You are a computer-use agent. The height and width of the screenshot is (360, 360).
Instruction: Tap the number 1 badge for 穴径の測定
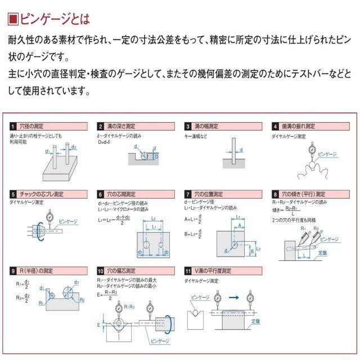click(13, 126)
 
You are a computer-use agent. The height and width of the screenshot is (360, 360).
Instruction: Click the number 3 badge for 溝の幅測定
click(188, 126)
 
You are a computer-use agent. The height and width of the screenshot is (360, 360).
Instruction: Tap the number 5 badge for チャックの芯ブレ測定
click(13, 194)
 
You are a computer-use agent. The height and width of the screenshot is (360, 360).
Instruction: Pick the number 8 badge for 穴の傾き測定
click(276, 194)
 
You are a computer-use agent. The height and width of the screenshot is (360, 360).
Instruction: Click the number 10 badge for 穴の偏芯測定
click(101, 271)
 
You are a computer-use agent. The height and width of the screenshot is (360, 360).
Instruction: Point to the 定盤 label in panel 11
click(256, 321)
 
